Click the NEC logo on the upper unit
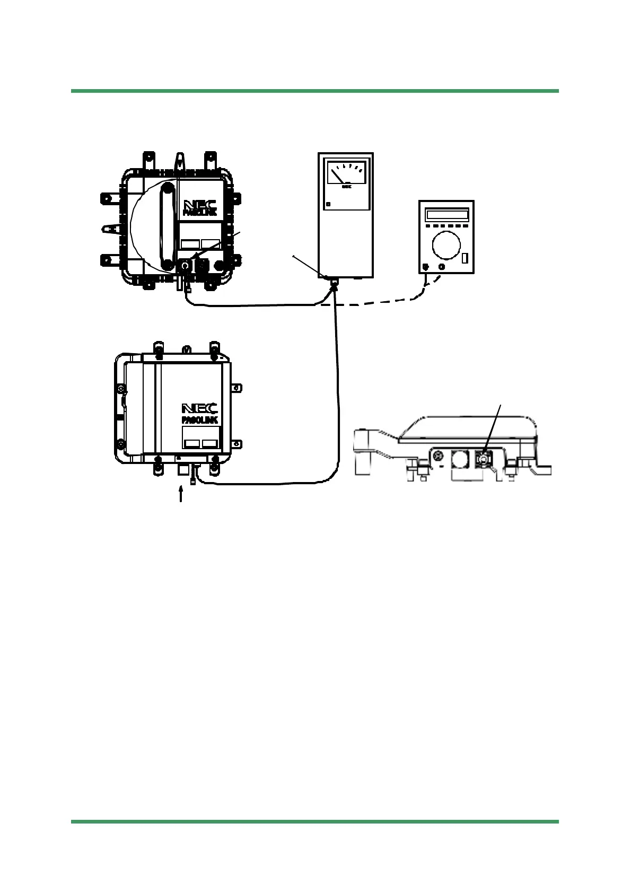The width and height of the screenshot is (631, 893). point(200,204)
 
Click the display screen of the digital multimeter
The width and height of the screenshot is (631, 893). point(448,215)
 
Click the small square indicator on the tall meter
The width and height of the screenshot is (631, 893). point(329,204)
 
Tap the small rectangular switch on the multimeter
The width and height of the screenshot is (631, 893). point(465,258)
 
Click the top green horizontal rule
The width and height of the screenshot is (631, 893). point(315,91)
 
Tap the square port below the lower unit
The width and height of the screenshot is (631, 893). point(182,469)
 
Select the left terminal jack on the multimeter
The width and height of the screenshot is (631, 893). point(425,266)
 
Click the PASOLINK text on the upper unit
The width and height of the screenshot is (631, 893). point(200,212)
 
